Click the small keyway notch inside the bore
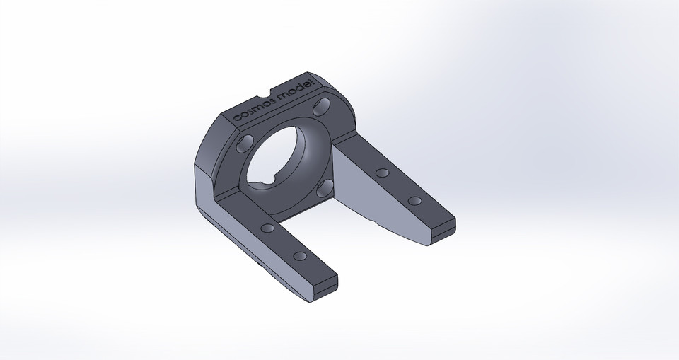(x=262, y=185)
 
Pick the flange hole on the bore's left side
(x=243, y=144)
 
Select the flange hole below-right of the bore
(x=326, y=187)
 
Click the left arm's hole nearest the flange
(x=267, y=229)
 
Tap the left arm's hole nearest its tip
(x=299, y=255)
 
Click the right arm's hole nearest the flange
(x=383, y=173)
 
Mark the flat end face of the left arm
(x=325, y=292)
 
